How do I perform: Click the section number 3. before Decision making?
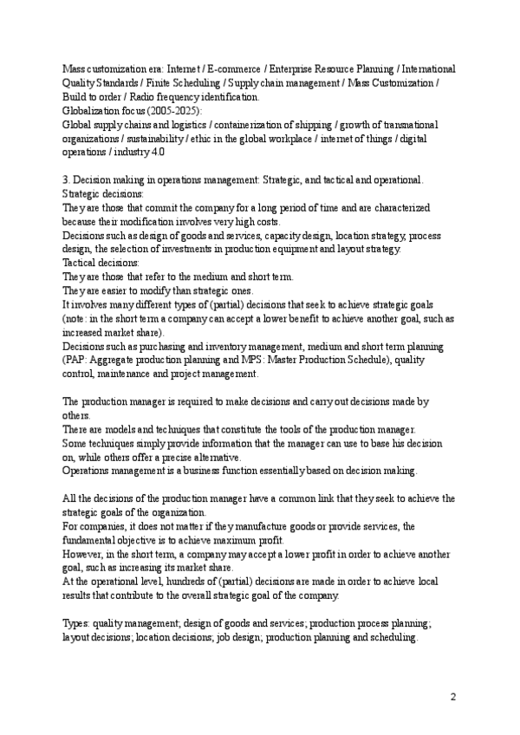tap(68, 179)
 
